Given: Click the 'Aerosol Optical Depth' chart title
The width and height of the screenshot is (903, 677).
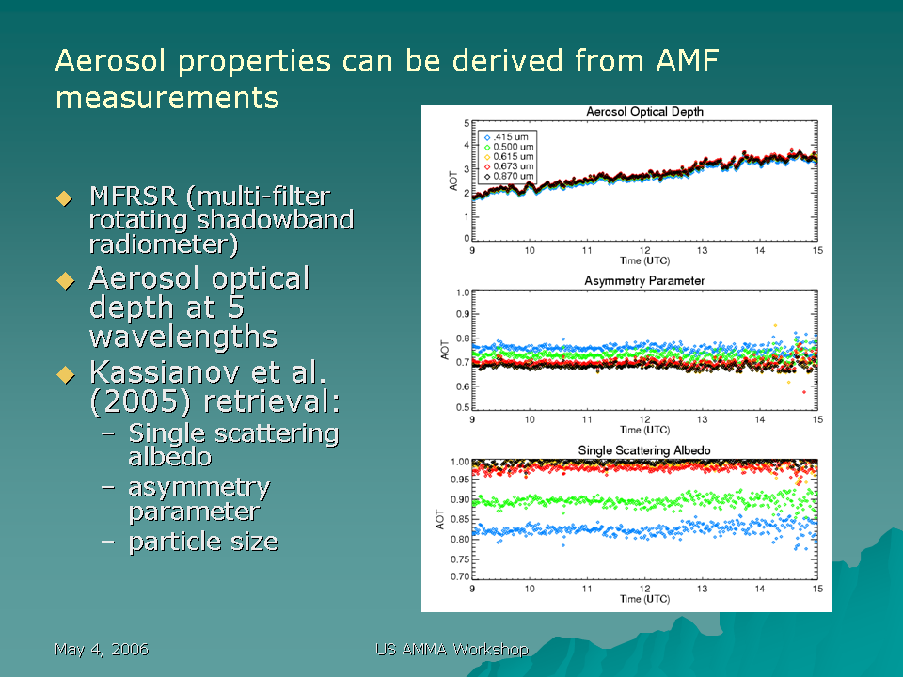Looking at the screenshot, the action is (x=644, y=112).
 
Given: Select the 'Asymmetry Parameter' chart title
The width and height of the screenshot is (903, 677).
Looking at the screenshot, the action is (x=644, y=281).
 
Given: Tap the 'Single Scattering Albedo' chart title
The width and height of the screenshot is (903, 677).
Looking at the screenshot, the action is (x=644, y=450).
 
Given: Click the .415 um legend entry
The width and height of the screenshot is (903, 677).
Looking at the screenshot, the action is (x=506, y=137).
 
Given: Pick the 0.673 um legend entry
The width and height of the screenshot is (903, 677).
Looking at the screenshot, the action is (x=509, y=166).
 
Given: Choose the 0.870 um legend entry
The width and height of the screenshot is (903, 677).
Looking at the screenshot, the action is (x=509, y=176).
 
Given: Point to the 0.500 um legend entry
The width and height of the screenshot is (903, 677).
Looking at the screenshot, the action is (x=509, y=147).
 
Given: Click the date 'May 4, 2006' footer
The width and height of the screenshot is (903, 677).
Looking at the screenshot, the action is (x=102, y=650).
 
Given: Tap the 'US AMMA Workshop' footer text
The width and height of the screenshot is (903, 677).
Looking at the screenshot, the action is (x=452, y=650).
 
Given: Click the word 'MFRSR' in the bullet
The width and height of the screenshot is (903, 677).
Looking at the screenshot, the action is (x=134, y=197).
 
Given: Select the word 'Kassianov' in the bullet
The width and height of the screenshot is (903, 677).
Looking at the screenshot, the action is (x=164, y=372).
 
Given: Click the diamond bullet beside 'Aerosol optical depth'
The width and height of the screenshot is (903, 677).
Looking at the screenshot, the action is (x=65, y=281).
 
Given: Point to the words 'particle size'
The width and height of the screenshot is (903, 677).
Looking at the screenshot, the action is (x=204, y=542).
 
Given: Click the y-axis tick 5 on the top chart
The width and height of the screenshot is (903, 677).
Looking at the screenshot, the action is (x=467, y=123).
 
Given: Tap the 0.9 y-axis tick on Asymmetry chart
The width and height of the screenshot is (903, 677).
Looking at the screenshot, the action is (x=463, y=314).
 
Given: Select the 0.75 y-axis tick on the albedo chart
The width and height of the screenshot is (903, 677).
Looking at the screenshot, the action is (x=460, y=559).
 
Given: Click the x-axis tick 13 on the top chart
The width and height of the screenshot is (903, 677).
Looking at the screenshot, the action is (x=702, y=250).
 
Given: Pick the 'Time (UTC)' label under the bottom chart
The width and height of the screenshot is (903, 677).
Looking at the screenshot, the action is (x=644, y=599).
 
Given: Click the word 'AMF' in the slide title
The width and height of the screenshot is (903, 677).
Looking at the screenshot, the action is (x=688, y=61).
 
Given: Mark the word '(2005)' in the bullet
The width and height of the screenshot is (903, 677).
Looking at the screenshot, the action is (x=140, y=401).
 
